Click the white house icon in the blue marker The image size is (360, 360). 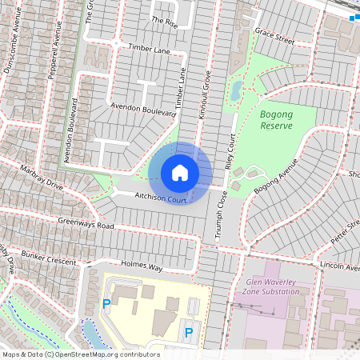(180, 172)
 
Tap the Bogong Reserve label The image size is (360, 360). (277, 120)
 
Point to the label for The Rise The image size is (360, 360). (163, 22)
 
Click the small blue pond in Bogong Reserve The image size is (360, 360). (236, 90)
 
